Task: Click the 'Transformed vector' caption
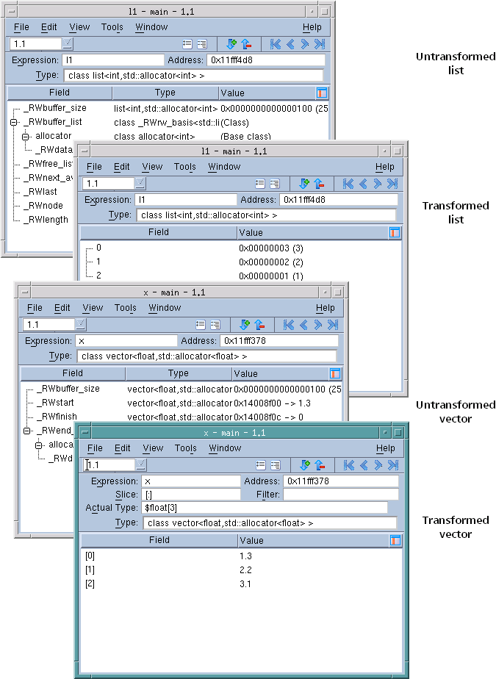tap(455, 527)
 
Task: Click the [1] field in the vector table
tap(90, 570)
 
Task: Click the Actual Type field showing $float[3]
tap(265, 508)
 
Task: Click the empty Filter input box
tap(340, 495)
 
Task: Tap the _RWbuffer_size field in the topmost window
tap(54, 108)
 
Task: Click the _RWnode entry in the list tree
tap(43, 206)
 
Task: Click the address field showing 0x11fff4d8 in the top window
tap(266, 60)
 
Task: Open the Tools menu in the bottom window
tap(185, 448)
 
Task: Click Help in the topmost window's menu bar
tap(312, 27)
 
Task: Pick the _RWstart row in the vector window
tap(55, 403)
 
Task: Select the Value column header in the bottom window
tap(251, 541)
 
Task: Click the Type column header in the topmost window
tap(165, 93)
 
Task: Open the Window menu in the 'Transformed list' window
tap(224, 167)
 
